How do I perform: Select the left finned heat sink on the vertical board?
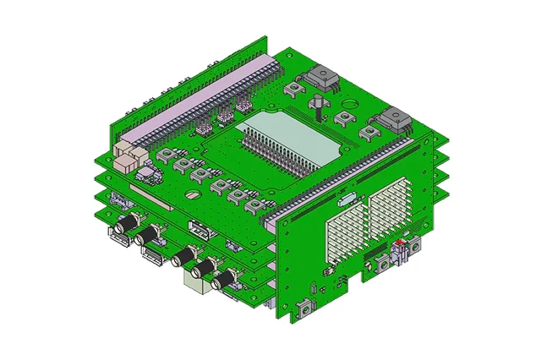(x=345, y=231)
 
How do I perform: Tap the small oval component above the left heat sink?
(x=345, y=200)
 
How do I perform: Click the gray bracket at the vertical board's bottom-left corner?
(x=303, y=314)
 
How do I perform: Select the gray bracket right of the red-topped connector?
(x=417, y=246)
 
